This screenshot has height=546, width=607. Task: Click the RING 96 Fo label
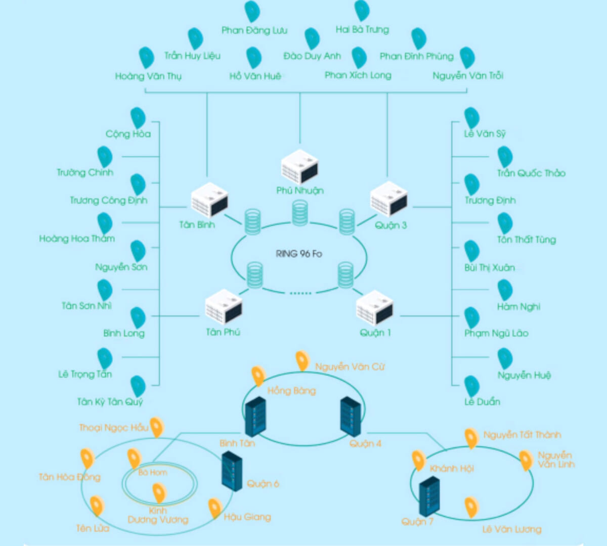(299, 254)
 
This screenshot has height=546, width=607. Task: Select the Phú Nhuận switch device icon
(299, 166)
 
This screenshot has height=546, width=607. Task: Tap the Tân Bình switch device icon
(209, 200)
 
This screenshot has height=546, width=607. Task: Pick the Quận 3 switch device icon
(388, 199)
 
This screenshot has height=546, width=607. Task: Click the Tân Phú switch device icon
(223, 306)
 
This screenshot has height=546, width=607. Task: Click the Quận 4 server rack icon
(351, 416)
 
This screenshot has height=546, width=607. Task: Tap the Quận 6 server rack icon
(232, 471)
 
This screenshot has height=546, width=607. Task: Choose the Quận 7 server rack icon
(429, 496)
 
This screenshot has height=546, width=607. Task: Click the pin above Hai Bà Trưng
(362, 10)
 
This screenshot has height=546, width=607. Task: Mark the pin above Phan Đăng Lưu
(252, 11)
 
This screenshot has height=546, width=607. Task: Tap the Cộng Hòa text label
(128, 134)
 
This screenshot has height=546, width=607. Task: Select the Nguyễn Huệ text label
(524, 375)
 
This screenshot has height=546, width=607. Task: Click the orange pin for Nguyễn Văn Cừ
(302, 360)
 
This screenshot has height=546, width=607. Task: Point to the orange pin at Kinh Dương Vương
(159, 493)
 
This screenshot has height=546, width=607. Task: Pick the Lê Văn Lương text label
(511, 529)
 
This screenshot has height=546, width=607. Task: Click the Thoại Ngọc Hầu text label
(113, 428)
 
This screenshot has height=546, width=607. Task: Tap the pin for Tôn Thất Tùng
(505, 223)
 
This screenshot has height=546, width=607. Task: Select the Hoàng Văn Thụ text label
(148, 76)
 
